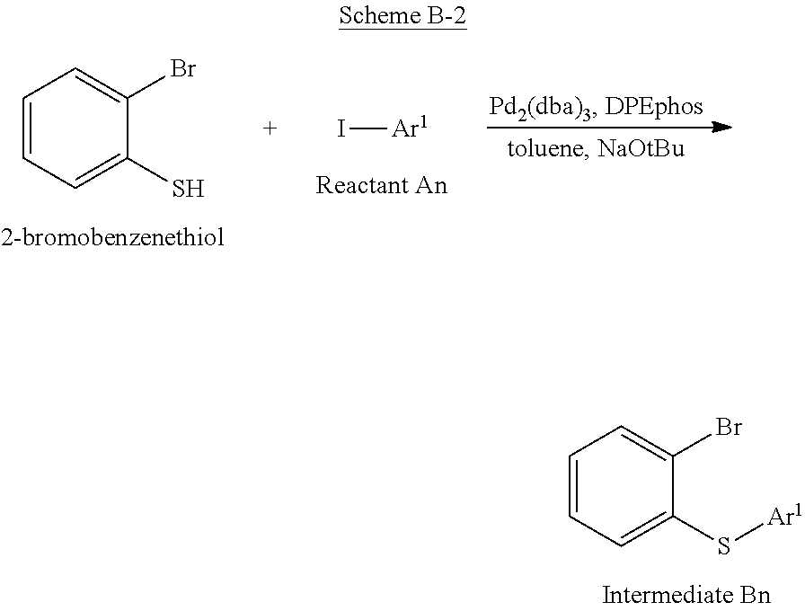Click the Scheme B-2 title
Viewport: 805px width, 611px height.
402,17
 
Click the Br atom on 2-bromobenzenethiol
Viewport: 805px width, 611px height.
182,69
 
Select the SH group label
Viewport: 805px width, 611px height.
188,189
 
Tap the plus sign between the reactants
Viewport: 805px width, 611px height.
270,128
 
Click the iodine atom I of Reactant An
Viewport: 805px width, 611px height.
341,129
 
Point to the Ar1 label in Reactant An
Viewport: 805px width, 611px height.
409,128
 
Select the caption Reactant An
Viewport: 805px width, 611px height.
381,186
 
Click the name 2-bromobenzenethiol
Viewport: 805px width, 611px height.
112,238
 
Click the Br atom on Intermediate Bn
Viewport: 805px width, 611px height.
729,427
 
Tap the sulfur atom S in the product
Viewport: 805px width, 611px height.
724,546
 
